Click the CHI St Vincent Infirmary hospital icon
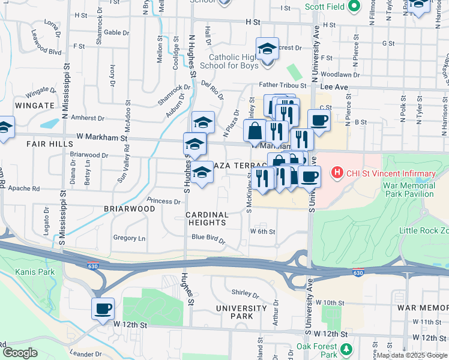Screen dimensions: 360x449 click(337, 173)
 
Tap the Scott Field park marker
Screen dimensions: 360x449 click(354, 7)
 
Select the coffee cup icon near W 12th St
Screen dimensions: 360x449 click(103, 308)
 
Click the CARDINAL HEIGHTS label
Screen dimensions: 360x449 click(206, 218)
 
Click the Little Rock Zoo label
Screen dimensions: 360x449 click(424, 231)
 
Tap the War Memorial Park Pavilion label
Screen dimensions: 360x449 click(408, 190)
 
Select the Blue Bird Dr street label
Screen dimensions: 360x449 click(208, 239)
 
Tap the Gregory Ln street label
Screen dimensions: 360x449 click(129, 238)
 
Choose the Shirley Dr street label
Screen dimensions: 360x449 click(245, 295)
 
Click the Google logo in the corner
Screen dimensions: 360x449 click(20, 353)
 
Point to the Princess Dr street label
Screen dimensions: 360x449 click(164, 201)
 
